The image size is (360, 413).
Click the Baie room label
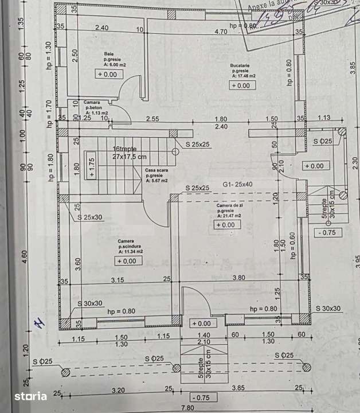[x=108, y=54]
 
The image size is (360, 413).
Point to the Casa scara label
[x=155, y=170]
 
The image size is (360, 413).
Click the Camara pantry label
[x=92, y=103]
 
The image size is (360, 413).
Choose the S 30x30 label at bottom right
[x=328, y=309]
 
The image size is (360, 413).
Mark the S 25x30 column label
[x=91, y=217]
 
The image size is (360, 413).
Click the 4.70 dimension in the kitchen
[x=220, y=32]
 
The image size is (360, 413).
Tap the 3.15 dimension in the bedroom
[x=117, y=280]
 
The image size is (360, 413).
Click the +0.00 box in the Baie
[x=107, y=74]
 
